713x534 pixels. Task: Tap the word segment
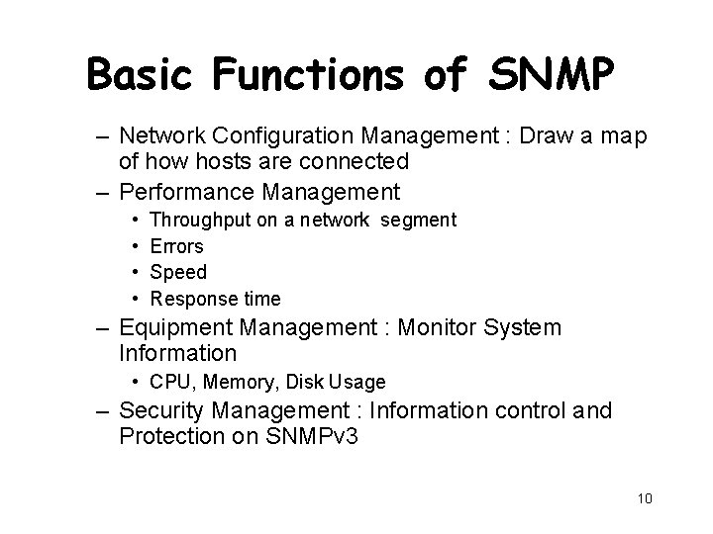tap(415, 221)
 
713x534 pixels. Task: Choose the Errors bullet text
tap(176, 246)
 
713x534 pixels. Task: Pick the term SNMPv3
tap(313, 436)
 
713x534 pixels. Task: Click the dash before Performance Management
tap(104, 191)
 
